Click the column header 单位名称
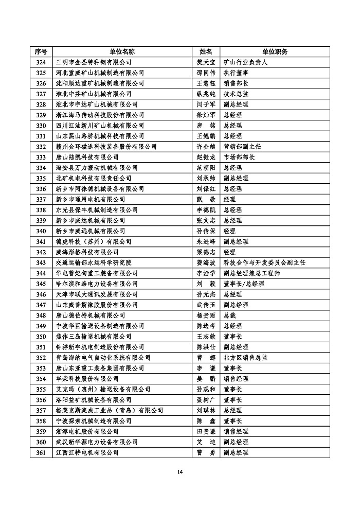122,52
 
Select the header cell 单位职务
275,52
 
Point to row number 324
41,62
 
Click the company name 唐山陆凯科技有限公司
87,157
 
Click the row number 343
41,262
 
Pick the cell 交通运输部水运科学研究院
93,262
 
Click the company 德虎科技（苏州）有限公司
93,241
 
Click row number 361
41,452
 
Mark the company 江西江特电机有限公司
87,452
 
